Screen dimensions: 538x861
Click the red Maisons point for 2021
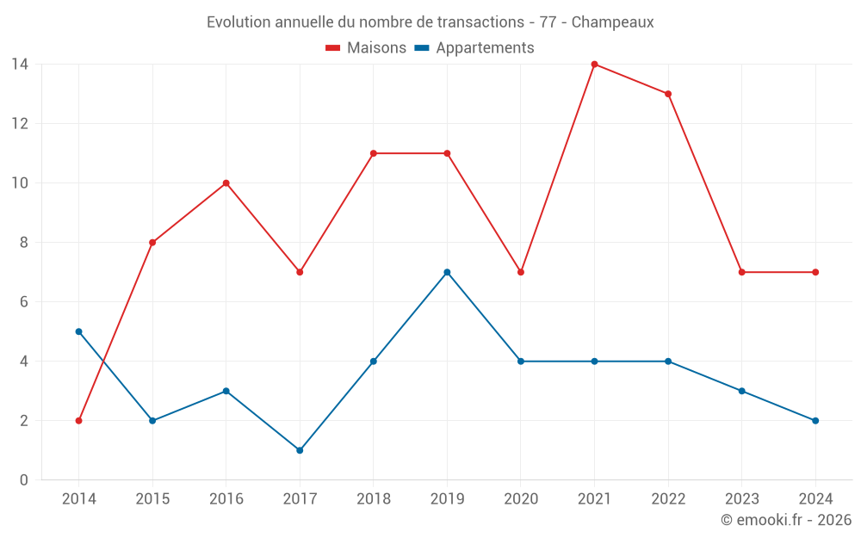coord(594,64)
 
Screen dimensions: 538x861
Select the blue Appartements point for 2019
coord(447,272)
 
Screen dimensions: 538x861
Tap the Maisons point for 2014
coord(78,421)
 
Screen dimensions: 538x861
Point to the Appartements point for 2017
coord(300,450)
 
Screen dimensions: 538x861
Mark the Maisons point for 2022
coord(668,94)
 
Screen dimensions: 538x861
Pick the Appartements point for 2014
coord(78,331)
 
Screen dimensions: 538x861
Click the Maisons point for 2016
coord(226,183)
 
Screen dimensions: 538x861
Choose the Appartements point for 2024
coord(815,421)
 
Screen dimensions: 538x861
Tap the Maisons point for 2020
coord(521,272)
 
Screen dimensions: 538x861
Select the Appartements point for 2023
coord(741,391)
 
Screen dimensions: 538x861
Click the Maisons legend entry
coord(366,48)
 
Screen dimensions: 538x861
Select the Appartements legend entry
coord(474,48)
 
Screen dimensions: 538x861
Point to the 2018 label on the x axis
coord(373,498)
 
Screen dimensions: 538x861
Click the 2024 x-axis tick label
coord(815,498)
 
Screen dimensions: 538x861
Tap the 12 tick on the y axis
coord(20,123)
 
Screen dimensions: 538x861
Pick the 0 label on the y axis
coord(24,479)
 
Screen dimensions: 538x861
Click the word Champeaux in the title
coord(612,22)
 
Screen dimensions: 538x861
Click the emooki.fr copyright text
coord(786,520)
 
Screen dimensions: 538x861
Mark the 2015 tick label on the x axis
coord(152,498)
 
